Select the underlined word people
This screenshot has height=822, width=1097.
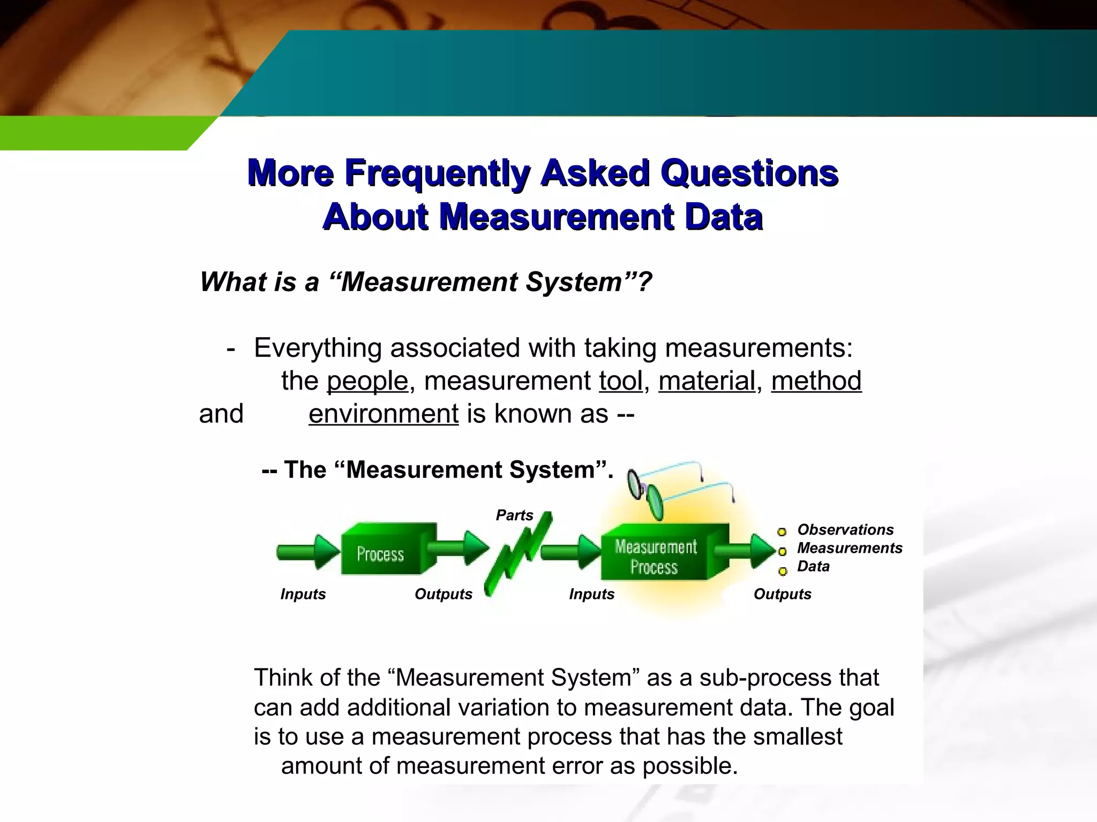(367, 381)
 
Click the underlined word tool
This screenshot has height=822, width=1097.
(620, 381)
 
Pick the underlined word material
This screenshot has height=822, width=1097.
(707, 381)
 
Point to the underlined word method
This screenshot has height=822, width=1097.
(816, 381)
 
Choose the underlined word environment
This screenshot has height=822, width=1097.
(384, 414)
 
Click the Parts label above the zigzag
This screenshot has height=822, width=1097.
(514, 515)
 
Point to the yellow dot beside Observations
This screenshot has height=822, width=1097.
(782, 531)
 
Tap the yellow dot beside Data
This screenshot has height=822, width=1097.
(783, 572)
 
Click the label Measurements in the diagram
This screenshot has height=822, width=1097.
(850, 548)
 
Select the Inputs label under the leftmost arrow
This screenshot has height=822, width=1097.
(303, 594)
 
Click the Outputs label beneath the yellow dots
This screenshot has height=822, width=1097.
(782, 594)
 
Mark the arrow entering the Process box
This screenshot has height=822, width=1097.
(308, 551)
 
